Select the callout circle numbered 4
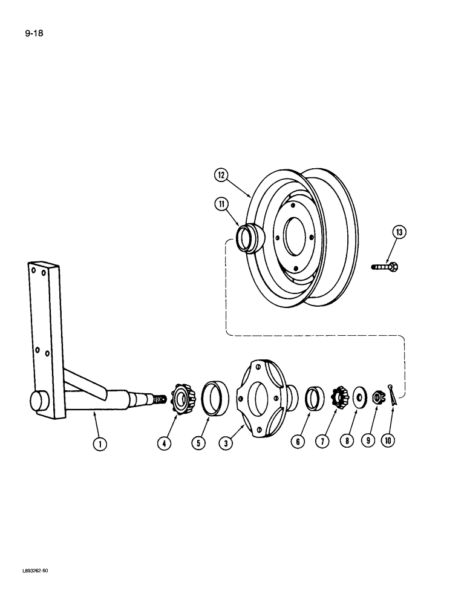(165, 443)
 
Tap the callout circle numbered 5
(198, 443)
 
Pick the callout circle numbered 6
(298, 442)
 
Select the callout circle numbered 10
(388, 441)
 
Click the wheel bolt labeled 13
(385, 266)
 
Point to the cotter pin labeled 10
(393, 393)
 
